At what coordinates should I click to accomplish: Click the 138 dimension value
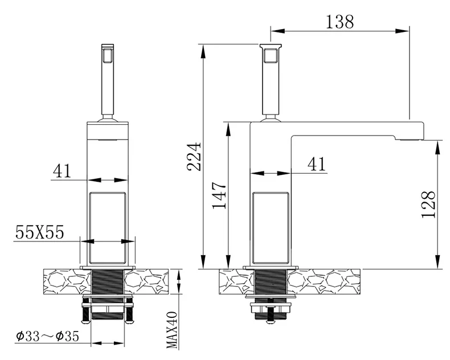pyautogui.click(x=340, y=22)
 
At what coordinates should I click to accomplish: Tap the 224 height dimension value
pyautogui.click(x=194, y=156)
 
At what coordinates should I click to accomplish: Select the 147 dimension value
pyautogui.click(x=219, y=195)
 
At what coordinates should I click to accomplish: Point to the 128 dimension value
pyautogui.click(x=428, y=204)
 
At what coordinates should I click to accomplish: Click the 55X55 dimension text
pyautogui.click(x=40, y=232)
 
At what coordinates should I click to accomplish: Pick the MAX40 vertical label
pyautogui.click(x=172, y=330)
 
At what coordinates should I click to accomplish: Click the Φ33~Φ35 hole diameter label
pyautogui.click(x=48, y=336)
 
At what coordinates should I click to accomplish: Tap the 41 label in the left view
pyautogui.click(x=62, y=171)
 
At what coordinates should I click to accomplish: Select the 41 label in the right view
pyautogui.click(x=317, y=164)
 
